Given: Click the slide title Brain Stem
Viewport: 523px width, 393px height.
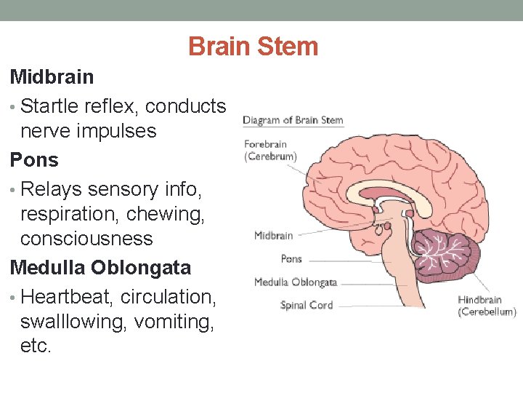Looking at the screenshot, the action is point(253,47).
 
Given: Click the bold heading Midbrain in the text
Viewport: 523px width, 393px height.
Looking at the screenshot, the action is point(52,76).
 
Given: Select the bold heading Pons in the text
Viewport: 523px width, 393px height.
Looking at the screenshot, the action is point(34,159).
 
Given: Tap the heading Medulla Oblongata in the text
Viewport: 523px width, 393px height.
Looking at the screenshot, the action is point(100,267).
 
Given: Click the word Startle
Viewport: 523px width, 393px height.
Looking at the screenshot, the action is point(51,106).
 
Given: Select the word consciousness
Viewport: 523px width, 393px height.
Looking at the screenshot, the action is point(86,239).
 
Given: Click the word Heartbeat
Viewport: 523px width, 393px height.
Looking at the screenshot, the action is point(68,297).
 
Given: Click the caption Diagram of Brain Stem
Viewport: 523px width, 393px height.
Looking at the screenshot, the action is point(293,120).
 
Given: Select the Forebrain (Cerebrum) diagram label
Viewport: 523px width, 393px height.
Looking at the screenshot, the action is point(269,150).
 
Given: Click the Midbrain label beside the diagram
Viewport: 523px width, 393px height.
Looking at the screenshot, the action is point(273,235).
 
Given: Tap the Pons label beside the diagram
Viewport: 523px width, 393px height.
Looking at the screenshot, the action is point(291,258).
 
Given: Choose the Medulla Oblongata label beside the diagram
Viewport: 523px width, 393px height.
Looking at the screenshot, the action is point(295,282).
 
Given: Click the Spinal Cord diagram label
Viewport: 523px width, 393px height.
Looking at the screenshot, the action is point(307,305).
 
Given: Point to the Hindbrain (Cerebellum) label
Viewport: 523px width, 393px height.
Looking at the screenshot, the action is point(487,306).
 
